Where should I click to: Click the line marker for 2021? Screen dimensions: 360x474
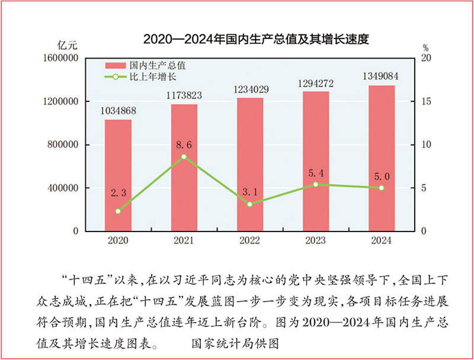(184, 156)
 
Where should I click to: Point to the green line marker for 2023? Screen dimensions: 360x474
(316, 184)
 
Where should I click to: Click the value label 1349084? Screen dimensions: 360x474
(382, 76)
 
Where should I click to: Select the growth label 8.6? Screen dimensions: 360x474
(184, 143)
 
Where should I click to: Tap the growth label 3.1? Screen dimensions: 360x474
(249, 191)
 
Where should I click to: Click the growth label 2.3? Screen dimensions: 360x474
(118, 193)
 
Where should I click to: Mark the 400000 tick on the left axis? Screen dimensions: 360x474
(62, 188)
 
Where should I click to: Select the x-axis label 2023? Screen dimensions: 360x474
(316, 240)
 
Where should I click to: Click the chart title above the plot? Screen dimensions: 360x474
(256, 40)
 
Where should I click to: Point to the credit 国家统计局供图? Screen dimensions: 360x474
(235, 342)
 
